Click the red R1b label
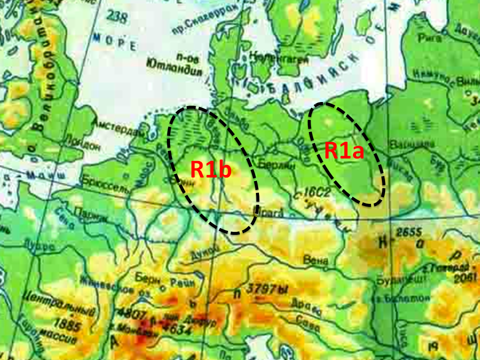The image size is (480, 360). pos(211,170)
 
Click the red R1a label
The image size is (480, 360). pos(344,150)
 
